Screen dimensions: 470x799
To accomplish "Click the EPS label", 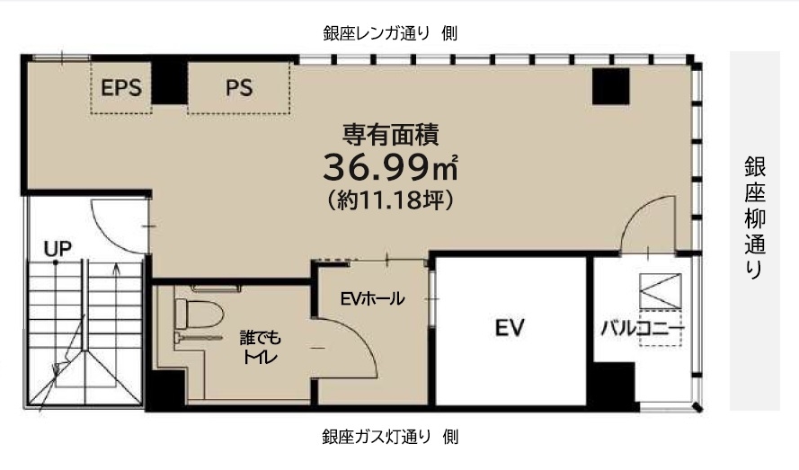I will (120, 88).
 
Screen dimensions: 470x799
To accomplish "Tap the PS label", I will (239, 88).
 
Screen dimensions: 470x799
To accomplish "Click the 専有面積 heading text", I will (391, 135).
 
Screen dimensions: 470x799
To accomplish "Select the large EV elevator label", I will (510, 328).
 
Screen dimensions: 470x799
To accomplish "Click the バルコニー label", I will (642, 328).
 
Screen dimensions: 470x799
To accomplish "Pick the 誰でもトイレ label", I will (260, 347).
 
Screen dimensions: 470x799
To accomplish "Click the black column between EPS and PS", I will (168, 83).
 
